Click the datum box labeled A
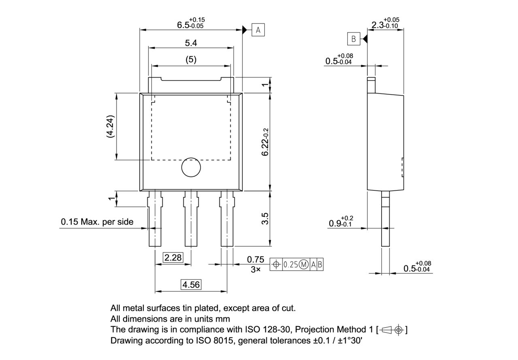click(259, 30)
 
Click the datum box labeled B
click(353, 39)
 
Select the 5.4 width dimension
click(191, 43)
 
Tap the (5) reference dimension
click(191, 59)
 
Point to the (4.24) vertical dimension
click(110, 127)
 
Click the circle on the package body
click(191, 167)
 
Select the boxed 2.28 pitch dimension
click(173, 257)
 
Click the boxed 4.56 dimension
click(191, 284)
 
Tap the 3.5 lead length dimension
click(265, 219)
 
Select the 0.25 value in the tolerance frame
click(290, 265)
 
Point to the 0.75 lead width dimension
click(255, 260)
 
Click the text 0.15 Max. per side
click(97, 222)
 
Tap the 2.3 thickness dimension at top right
click(384, 24)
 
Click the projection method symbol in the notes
click(392, 330)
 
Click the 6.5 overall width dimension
click(190, 24)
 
